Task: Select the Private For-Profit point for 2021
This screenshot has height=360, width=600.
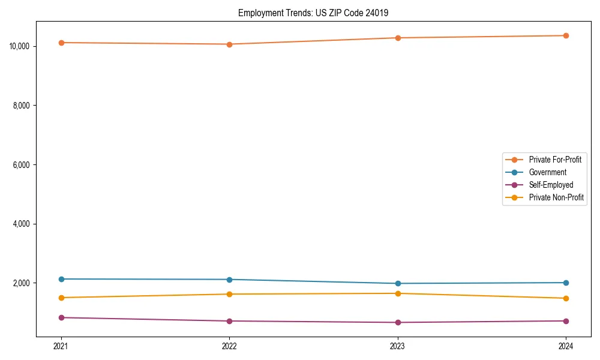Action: (61, 43)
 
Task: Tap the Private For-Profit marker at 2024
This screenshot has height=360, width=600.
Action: (566, 35)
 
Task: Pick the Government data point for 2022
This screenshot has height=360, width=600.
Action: (229, 280)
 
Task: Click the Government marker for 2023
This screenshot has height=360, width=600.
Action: (398, 283)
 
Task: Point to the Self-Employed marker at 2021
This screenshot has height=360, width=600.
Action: (61, 317)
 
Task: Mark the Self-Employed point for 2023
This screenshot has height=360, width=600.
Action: (398, 322)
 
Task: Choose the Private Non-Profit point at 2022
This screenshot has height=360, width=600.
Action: (229, 294)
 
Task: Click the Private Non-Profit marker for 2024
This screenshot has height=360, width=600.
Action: (566, 298)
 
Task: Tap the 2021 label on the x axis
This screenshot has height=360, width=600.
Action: (61, 346)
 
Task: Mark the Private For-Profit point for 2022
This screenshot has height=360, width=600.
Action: (229, 44)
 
